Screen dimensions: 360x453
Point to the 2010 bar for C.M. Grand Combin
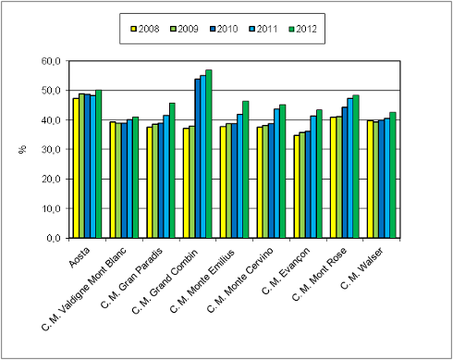(197, 158)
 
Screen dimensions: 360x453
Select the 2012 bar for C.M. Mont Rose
(356, 167)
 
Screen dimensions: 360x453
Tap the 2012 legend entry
(300, 29)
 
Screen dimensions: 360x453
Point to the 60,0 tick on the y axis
(51, 61)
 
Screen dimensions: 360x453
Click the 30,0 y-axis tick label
(51, 149)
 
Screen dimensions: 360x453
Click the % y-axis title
(21, 149)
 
